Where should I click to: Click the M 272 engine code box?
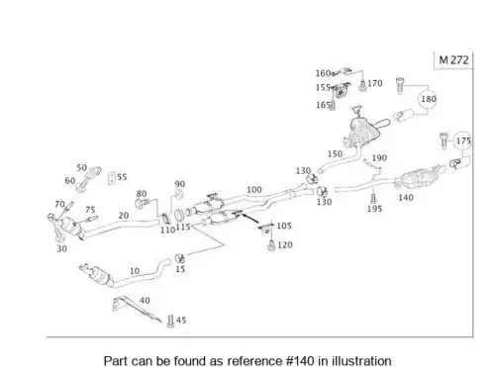tap(453, 60)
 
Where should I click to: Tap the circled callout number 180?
tap(428, 99)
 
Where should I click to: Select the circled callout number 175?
tap(463, 140)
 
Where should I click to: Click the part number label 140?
tap(406, 198)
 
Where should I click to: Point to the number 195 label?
tap(374, 209)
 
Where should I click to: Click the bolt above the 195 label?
tap(373, 199)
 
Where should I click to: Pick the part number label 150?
tap(335, 154)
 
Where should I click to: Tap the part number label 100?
tap(254, 190)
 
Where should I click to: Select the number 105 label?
tap(284, 226)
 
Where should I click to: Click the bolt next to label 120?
tap(271, 245)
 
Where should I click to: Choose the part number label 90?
tap(180, 184)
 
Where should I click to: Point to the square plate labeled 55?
tap(112, 178)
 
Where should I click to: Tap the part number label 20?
tap(124, 216)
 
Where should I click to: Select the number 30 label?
tap(61, 248)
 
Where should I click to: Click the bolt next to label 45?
tap(170, 321)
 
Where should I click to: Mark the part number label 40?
tap(145, 301)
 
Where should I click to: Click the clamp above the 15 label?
tap(179, 258)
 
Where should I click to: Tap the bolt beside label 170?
tap(362, 86)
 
